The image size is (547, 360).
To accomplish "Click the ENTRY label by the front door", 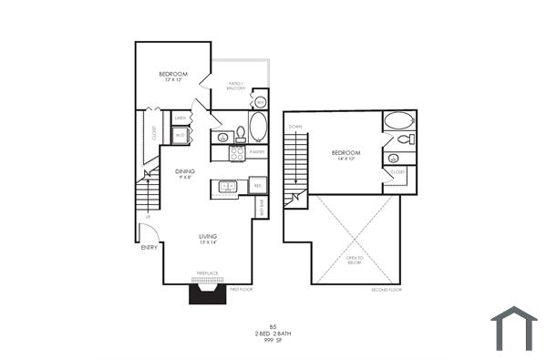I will click(148, 248).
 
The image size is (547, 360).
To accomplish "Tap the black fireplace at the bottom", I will click(207, 293).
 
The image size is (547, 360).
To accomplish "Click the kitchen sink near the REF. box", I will click(227, 187).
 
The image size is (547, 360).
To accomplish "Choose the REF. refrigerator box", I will click(258, 186).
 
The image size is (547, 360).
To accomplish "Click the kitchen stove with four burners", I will click(236, 154).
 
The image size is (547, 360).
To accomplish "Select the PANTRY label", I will click(258, 152).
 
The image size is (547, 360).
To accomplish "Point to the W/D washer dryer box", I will click(181, 136).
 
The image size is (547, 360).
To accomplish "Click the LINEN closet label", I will click(181, 118).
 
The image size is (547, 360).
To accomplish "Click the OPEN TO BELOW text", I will click(355, 262).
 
